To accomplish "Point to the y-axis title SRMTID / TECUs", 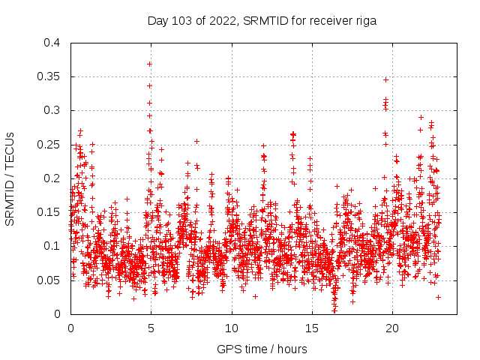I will tap(10, 178).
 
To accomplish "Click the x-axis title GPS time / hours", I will tap(262, 349).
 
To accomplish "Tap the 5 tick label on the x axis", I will tap(151, 328).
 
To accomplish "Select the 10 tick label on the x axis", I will tap(232, 328).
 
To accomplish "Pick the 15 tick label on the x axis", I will tap(312, 328).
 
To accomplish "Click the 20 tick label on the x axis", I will tap(392, 328).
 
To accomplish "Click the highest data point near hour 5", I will tap(150, 64).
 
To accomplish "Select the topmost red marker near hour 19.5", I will tap(386, 79).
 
